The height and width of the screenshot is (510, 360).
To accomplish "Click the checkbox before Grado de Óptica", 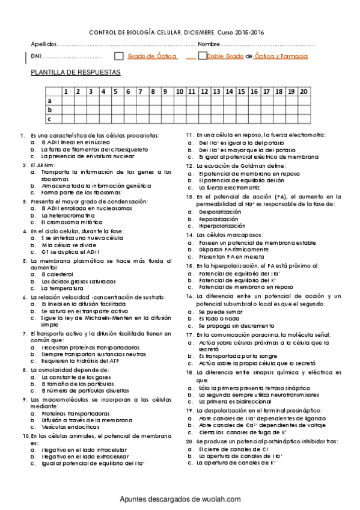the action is click(118, 57).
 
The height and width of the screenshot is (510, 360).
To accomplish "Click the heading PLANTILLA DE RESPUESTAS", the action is click(76, 72).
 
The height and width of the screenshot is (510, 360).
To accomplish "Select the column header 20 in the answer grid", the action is click(304, 91).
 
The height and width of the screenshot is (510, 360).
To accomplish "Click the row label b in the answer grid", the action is click(49, 109).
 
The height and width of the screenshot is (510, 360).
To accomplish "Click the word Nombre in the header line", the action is click(209, 45).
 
